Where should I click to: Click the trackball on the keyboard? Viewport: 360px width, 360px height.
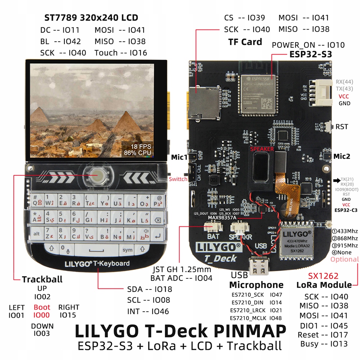98,176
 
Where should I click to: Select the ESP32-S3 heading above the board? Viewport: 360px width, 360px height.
311,54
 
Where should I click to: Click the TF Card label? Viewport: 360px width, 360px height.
245,42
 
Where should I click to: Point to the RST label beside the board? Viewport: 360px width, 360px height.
342,127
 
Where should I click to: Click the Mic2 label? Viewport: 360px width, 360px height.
342,156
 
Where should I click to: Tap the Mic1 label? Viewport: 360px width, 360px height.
179,157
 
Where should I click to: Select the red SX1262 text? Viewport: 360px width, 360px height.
323,276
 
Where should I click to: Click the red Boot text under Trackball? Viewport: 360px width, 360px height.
42,307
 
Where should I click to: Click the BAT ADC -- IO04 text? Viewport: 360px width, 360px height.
181,278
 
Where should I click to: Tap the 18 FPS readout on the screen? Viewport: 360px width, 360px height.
141,147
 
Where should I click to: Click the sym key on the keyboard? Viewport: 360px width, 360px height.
127,250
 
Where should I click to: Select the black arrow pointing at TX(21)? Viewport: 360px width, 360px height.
336,180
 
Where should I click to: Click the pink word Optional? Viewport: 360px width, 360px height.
345,259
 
